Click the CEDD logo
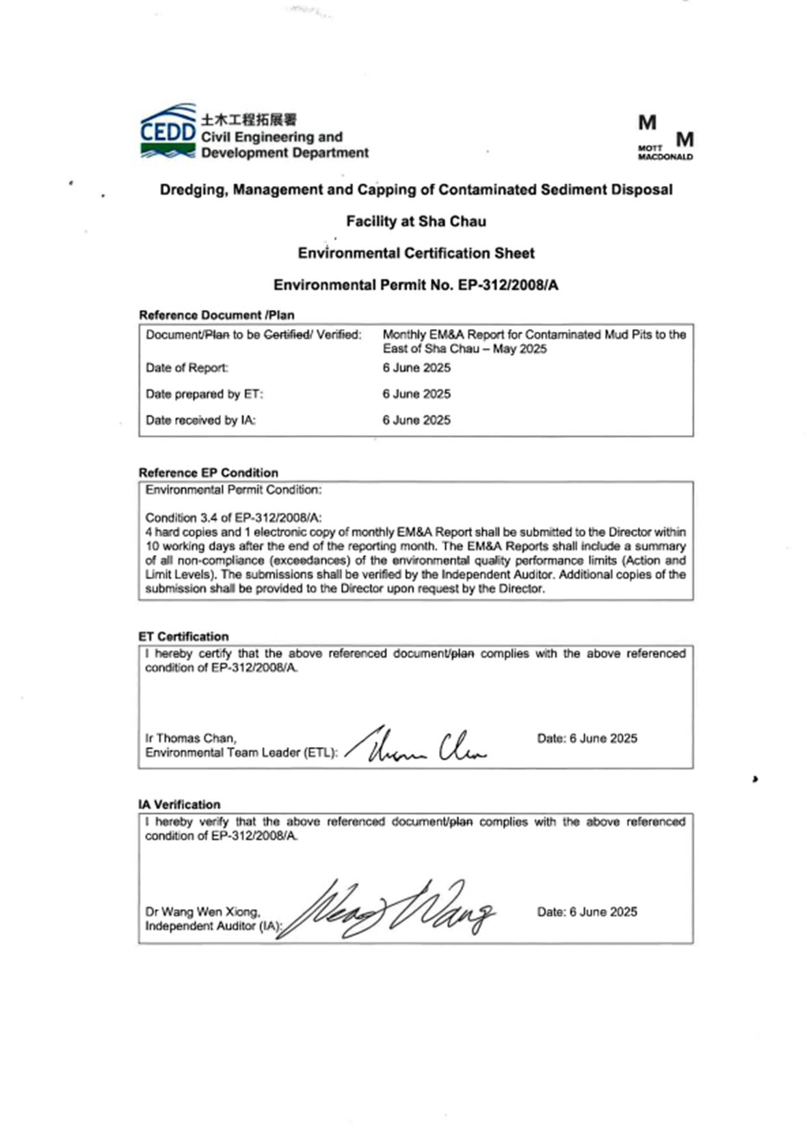[x=168, y=131]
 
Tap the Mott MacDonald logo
[x=665, y=138]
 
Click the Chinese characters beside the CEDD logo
[x=248, y=120]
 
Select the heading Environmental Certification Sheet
[x=416, y=253]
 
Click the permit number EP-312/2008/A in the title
[x=507, y=285]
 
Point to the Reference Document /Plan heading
[x=216, y=315]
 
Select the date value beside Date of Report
[x=416, y=368]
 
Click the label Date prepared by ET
[x=204, y=394]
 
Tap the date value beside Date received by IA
[x=416, y=420]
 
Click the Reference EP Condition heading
[x=208, y=473]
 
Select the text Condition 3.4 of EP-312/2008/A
[x=233, y=518]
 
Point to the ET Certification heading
[x=183, y=636]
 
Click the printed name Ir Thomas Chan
[x=190, y=738]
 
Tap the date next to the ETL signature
[x=587, y=739]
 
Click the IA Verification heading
[x=179, y=804]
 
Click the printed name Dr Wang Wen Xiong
[x=202, y=912]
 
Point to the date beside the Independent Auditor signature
[x=587, y=912]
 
